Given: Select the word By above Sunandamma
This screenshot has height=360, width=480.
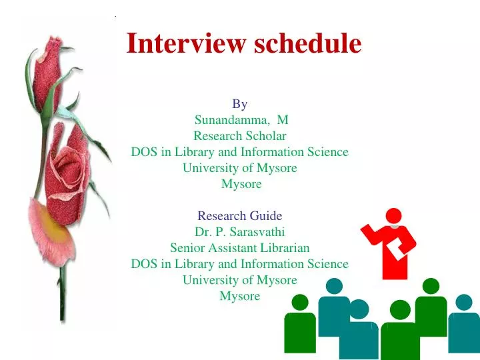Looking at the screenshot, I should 240,104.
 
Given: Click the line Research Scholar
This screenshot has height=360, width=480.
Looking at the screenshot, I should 240,136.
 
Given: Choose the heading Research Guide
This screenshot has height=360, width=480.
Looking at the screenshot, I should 240,216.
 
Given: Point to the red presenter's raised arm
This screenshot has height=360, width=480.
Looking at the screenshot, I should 371,233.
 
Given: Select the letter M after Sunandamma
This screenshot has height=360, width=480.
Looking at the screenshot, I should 283,120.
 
